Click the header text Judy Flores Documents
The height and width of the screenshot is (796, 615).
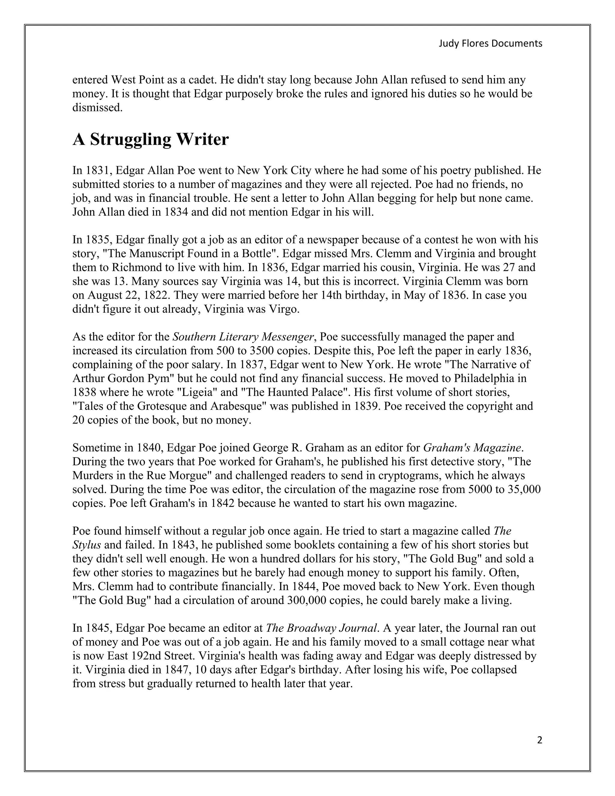tap(490, 43)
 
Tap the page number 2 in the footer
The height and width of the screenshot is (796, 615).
tap(540, 740)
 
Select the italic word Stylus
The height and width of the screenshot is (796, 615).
tap(86, 545)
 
